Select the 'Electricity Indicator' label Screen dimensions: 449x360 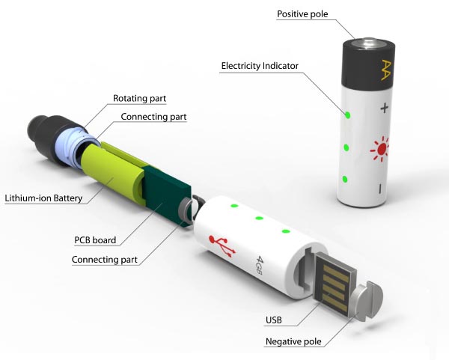tap(260, 66)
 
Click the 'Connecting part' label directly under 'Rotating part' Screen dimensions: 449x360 tap(153, 117)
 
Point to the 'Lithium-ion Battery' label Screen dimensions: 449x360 tap(43, 198)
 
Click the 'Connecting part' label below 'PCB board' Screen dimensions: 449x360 tap(104, 260)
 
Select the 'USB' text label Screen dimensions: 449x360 tap(274, 321)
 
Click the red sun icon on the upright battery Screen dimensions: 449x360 tap(381, 150)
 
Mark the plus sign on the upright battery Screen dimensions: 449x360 tap(385, 109)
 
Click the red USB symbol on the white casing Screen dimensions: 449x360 tap(224, 245)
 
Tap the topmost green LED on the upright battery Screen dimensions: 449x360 tap(348, 115)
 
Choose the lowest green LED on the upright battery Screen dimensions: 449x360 tap(343, 180)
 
